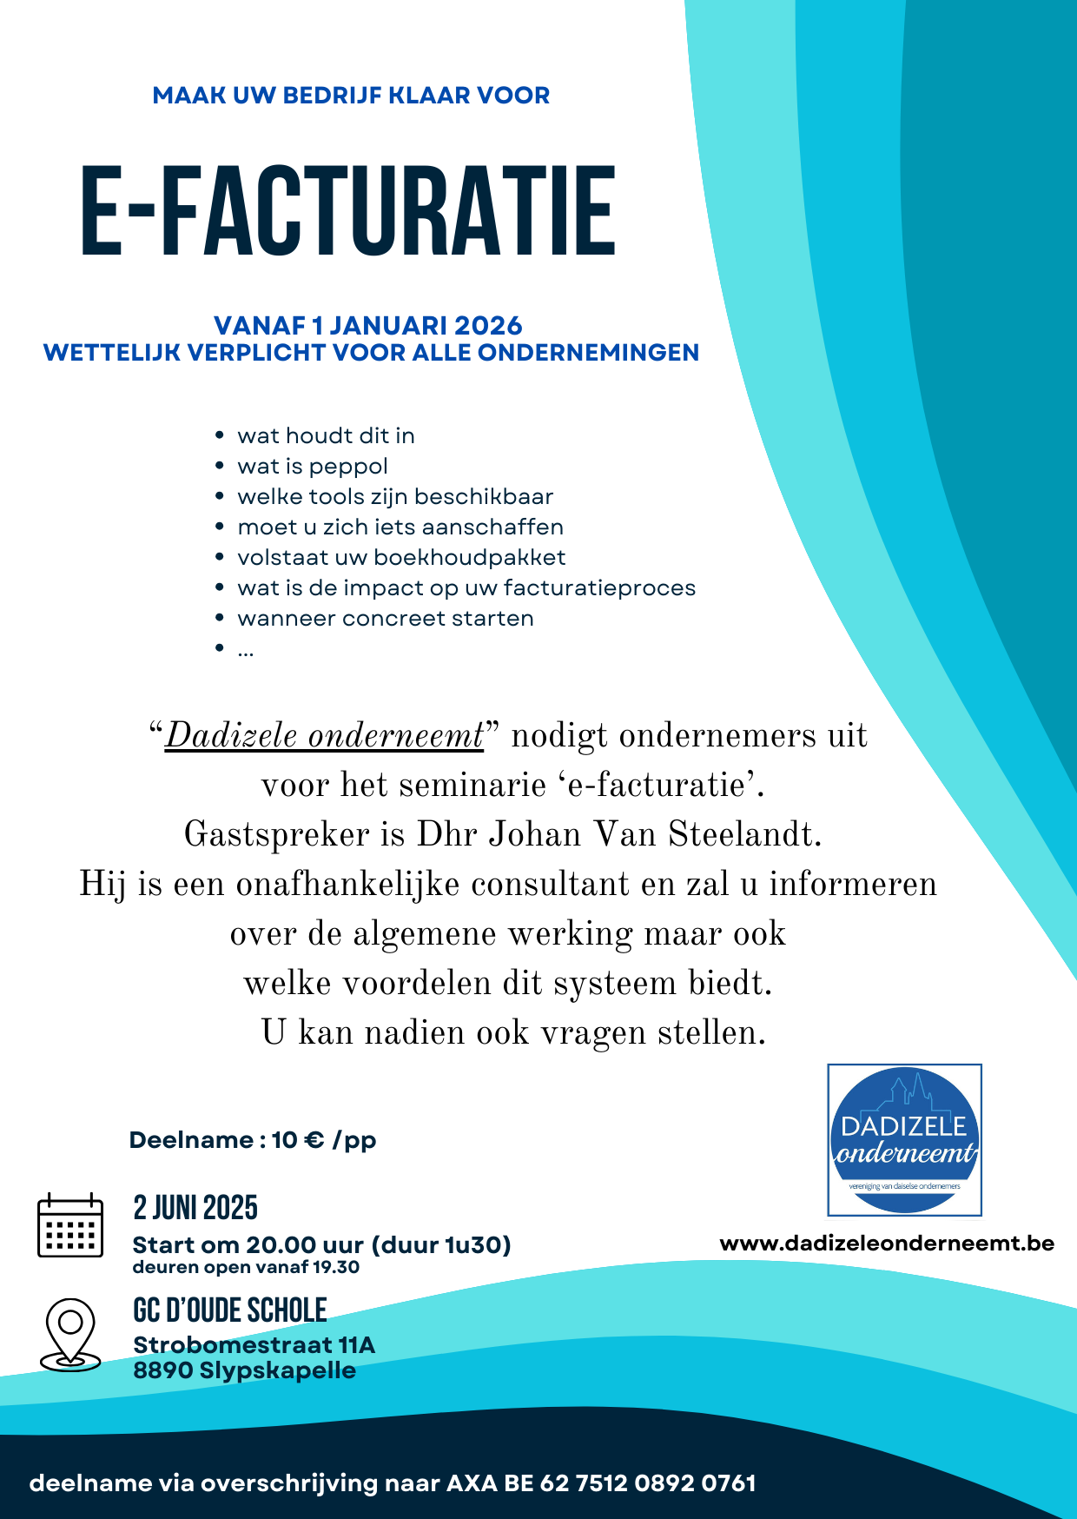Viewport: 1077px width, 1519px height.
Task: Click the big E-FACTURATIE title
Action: coord(347,212)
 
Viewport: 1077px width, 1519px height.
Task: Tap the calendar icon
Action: coord(70,1225)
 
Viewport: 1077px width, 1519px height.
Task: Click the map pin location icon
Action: coord(70,1335)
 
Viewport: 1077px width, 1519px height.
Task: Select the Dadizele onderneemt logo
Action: coord(904,1139)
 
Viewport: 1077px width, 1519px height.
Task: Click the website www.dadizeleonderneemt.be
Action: coord(887,1244)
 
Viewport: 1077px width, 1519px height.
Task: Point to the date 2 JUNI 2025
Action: coord(195,1208)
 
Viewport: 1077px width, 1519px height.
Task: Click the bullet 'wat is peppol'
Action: coord(313,467)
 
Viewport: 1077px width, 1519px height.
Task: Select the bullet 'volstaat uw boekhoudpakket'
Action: coord(401,558)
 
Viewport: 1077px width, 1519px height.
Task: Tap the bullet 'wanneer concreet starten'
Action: coord(386,619)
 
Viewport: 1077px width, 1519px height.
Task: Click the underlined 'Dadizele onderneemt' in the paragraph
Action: coord(323,736)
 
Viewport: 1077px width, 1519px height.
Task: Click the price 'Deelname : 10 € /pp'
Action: coord(253,1140)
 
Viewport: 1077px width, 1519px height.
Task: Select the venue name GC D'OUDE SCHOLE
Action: coord(230,1310)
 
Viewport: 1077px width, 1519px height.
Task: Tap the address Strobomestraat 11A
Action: coord(254,1345)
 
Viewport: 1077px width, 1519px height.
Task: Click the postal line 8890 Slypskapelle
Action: coord(244,1371)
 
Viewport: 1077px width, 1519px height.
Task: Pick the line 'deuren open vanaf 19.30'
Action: coord(246,1268)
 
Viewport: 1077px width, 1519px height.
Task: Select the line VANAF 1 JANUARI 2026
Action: coord(368,326)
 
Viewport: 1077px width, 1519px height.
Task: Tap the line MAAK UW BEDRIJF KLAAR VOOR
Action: coord(351,96)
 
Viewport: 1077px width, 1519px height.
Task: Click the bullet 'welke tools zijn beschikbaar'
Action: coord(395,497)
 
